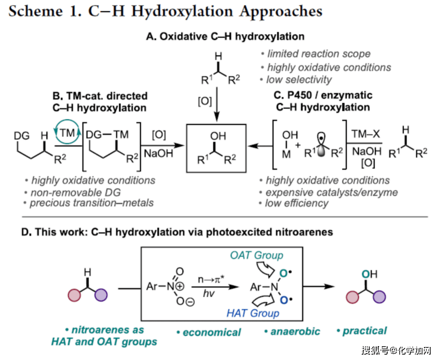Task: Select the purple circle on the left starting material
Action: [x=101, y=297]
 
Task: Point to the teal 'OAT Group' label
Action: [x=257, y=256]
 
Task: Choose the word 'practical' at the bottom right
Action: [x=364, y=331]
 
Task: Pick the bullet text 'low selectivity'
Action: [x=299, y=80]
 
